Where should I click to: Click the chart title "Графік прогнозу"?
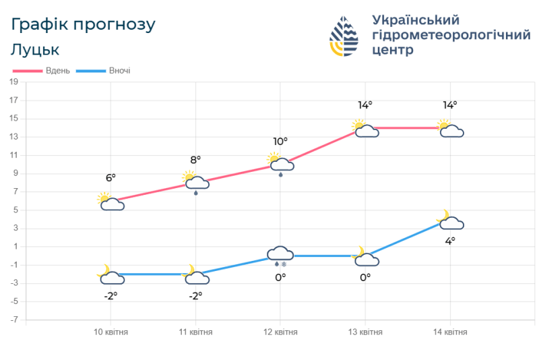coord(84,25)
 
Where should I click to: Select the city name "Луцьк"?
coord(35,50)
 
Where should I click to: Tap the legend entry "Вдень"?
coord(57,71)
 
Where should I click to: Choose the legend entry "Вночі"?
coord(119,71)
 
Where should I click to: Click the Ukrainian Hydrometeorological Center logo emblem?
coord(344,37)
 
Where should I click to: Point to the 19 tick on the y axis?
coord(13,82)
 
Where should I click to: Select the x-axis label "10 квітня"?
coord(110,332)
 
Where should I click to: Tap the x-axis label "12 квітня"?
coord(280,332)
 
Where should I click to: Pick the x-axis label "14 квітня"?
coord(450,332)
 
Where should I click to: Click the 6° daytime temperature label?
coord(110,177)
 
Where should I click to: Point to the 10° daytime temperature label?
coord(280,141)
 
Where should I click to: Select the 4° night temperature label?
coord(449,240)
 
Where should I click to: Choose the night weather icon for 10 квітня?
coord(110,275)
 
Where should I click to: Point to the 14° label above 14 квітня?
coord(450,104)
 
